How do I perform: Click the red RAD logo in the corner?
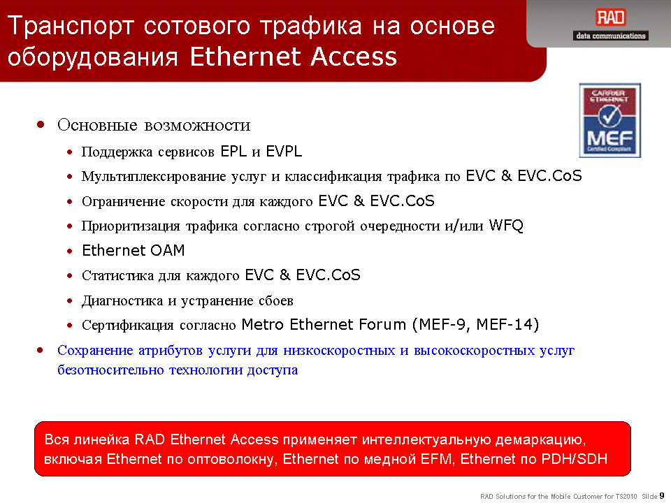(611, 18)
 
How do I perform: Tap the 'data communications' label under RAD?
(611, 36)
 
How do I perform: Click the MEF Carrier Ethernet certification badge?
(609, 121)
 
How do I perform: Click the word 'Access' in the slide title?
(354, 57)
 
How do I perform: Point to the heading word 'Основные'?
(98, 125)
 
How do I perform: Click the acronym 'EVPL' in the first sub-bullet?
(284, 152)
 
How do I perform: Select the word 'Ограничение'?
(123, 201)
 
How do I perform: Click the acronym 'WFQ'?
(506, 226)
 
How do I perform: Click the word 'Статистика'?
(117, 275)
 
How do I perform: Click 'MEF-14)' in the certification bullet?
(507, 325)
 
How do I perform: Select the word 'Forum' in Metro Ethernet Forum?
(382, 325)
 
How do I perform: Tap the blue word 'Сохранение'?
(96, 350)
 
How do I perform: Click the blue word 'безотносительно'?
(110, 370)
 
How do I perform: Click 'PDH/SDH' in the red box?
(575, 459)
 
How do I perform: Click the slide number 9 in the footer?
(662, 496)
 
